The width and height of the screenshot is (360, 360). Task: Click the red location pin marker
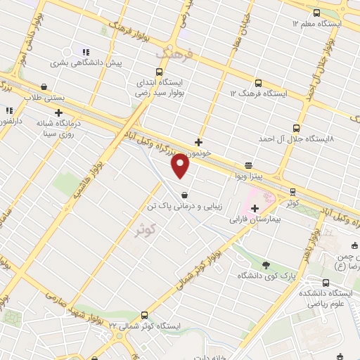coord(181,166)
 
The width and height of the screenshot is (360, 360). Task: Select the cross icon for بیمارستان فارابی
coord(255,208)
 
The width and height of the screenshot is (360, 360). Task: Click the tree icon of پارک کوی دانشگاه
coord(266,264)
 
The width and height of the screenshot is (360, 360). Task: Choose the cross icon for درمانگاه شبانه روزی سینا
coord(58,112)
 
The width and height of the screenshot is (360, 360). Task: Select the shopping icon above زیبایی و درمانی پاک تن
coord(184,195)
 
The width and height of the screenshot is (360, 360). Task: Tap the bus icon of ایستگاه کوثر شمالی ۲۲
coord(145,315)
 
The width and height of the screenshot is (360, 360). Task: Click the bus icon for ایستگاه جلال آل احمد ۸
coord(296,128)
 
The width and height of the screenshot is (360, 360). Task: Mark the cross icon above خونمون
coord(200,141)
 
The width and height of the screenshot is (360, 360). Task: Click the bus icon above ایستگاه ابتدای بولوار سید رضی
coord(160,71)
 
